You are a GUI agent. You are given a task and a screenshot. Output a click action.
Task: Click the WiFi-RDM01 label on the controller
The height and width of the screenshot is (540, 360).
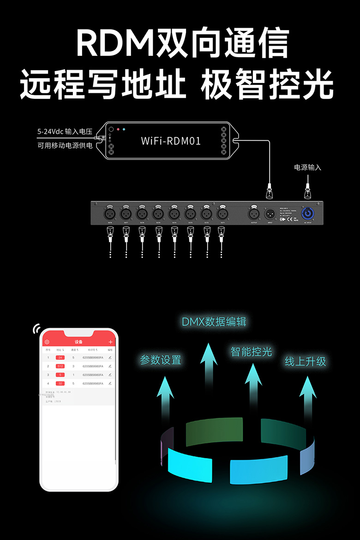171,141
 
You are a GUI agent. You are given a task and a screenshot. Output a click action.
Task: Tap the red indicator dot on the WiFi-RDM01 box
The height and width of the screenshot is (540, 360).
118,130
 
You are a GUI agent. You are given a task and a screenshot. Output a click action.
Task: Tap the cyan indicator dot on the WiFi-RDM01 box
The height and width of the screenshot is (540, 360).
124,130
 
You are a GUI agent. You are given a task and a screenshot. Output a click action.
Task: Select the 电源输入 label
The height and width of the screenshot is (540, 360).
307,167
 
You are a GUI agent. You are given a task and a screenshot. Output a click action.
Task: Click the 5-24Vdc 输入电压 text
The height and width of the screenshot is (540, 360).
65,132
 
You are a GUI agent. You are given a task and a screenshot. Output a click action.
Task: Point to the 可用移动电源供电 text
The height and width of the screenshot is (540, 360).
65,146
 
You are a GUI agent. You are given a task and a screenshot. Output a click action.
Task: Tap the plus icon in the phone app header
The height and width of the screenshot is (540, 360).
110,342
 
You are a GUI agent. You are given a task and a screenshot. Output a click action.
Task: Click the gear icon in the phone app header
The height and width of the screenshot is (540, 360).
47,342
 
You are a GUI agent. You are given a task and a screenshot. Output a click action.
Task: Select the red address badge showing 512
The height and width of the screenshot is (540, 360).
60,366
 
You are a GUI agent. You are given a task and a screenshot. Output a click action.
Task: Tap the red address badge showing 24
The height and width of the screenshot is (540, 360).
60,358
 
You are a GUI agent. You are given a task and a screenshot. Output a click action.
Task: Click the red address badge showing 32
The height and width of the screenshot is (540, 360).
60,384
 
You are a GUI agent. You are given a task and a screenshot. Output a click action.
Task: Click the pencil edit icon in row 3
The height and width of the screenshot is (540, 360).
110,375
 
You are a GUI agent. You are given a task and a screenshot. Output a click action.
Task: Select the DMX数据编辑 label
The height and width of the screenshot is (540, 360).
214,322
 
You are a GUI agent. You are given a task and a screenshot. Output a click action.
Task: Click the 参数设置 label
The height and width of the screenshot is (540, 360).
161,360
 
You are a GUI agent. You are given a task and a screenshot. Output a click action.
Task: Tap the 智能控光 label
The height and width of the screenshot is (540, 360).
251,352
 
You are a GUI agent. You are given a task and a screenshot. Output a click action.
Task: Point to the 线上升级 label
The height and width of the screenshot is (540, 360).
306,361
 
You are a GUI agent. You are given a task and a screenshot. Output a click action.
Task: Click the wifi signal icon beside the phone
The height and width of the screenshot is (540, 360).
36,329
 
